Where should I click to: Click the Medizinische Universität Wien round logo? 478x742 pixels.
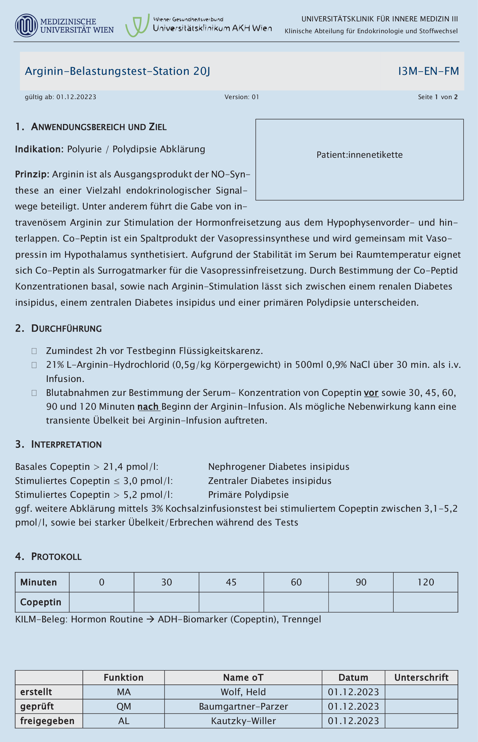click(26, 25)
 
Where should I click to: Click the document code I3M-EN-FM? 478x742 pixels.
click(428, 71)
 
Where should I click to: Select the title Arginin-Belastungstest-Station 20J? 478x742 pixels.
click(117, 71)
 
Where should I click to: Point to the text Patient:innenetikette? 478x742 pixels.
click(360, 155)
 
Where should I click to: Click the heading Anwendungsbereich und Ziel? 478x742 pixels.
click(99, 127)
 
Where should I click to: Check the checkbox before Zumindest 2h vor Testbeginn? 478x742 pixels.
click(34, 351)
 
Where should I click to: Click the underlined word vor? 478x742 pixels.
click(371, 393)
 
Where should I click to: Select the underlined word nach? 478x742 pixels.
click(148, 407)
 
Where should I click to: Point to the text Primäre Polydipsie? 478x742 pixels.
click(248, 494)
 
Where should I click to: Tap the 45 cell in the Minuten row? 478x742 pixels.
click(231, 582)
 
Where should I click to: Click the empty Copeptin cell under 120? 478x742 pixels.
click(425, 602)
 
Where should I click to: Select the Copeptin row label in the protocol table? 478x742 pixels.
click(41, 602)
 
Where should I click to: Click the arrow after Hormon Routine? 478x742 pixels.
click(150, 619)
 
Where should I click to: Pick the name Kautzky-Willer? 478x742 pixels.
click(243, 721)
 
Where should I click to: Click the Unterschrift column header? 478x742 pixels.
click(421, 678)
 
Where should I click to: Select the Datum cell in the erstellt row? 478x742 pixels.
click(353, 692)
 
